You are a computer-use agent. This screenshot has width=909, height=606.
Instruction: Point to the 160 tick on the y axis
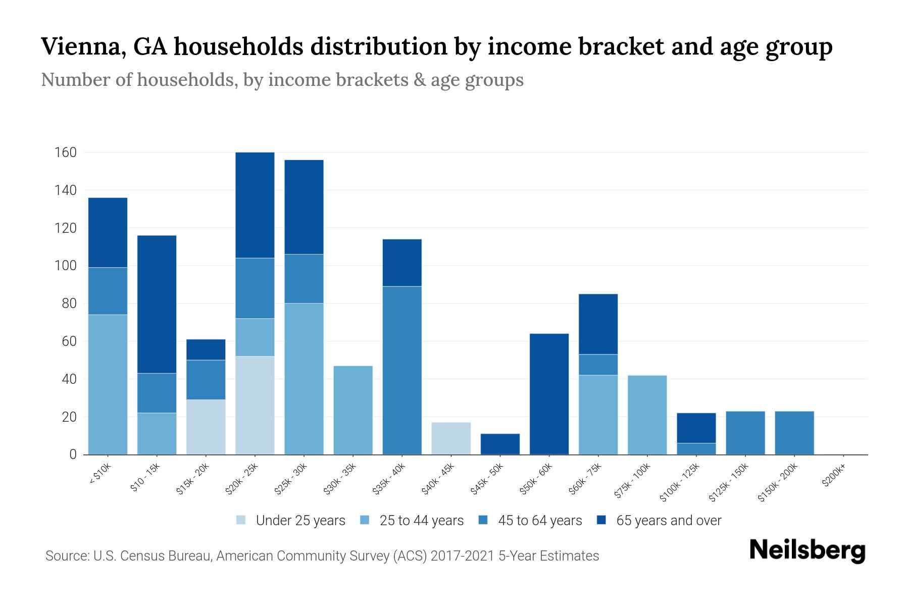(66, 153)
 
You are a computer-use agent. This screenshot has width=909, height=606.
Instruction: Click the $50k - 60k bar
(549, 394)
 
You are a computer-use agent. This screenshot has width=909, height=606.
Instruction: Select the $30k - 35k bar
(353, 410)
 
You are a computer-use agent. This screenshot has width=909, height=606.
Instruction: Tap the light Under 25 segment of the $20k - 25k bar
(255, 405)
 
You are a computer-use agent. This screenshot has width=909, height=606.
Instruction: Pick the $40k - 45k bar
(451, 438)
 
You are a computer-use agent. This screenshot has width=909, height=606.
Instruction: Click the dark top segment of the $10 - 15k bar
(157, 304)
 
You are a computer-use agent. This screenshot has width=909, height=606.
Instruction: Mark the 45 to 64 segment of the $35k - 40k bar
(402, 370)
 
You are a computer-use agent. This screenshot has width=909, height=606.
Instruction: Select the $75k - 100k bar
(647, 415)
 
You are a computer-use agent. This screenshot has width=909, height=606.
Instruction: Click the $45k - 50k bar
(500, 444)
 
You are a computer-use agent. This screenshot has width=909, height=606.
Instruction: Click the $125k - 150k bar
(745, 433)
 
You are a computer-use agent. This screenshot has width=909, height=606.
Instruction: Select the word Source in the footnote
(66, 556)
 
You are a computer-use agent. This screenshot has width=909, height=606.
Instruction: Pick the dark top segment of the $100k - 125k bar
(696, 428)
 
